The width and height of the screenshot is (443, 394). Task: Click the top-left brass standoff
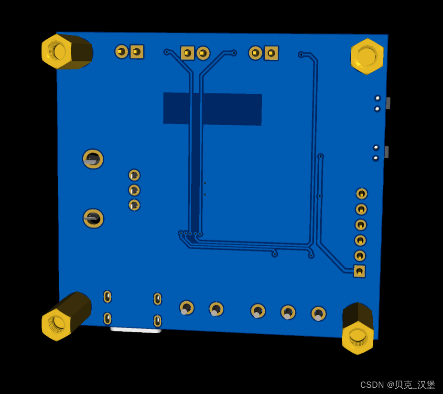[67, 52]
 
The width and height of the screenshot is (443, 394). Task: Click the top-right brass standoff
[367, 56]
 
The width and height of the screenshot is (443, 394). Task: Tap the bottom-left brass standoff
[66, 316]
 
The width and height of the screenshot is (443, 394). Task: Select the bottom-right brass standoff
[357, 328]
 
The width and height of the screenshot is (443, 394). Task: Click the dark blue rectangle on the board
[213, 109]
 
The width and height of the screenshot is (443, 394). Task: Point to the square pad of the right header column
[359, 271]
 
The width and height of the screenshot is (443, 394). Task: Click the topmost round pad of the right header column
[362, 194]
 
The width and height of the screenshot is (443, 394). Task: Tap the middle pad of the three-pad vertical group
[134, 190]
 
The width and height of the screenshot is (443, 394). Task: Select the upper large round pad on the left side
[93, 159]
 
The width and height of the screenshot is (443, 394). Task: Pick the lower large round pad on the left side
[93, 219]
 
